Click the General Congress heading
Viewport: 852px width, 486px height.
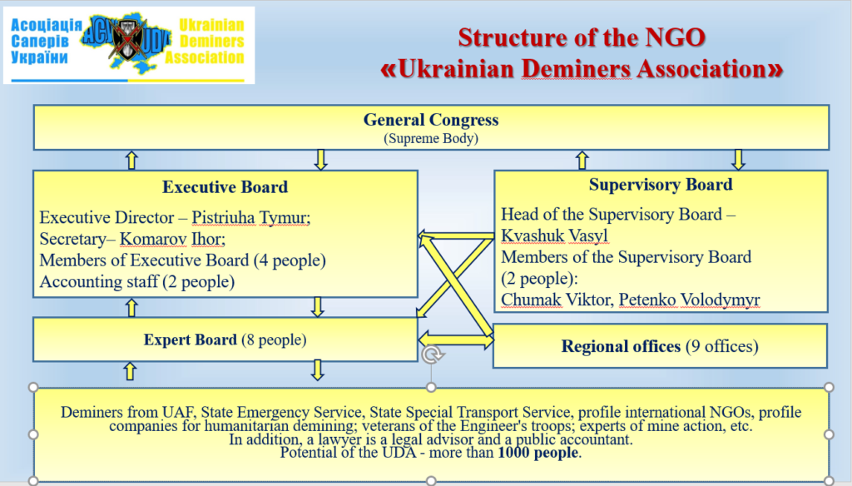coord(431,120)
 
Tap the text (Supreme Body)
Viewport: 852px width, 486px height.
coord(431,139)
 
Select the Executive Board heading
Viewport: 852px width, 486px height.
coord(225,187)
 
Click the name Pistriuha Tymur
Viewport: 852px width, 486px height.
coord(250,217)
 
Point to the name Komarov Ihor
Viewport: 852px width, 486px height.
coord(172,239)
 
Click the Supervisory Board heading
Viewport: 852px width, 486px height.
coord(661,184)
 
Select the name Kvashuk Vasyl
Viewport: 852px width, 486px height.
coord(554,236)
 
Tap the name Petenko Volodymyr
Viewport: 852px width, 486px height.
coord(689,300)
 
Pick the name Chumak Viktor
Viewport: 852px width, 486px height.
coord(557,300)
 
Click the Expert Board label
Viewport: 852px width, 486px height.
coord(191,340)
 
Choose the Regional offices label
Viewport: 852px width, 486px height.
coord(621,346)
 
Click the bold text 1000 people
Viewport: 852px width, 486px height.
coord(538,452)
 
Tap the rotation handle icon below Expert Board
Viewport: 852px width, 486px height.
coord(432,355)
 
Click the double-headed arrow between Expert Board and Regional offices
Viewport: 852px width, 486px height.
coord(456,340)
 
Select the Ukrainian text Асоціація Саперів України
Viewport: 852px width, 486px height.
coord(47,42)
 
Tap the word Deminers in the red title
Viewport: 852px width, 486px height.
coord(577,69)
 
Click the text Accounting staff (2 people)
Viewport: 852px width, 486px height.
coord(137,281)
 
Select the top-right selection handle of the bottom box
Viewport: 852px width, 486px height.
coord(829,387)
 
